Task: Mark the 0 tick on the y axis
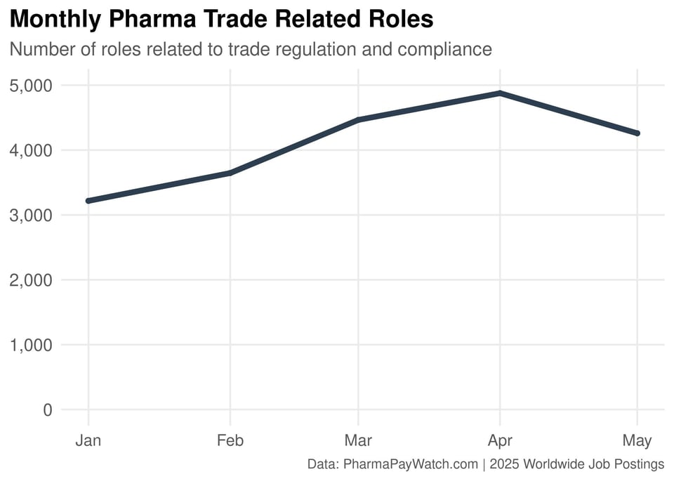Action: click(x=48, y=410)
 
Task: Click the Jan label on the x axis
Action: click(x=88, y=441)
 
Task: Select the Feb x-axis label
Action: click(x=230, y=441)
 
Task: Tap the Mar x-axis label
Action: click(x=358, y=441)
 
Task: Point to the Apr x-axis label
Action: click(x=499, y=441)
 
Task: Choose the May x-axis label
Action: click(x=637, y=441)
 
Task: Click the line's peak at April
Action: click(x=499, y=93)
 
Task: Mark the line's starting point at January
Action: click(x=88, y=201)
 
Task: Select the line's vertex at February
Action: click(x=230, y=173)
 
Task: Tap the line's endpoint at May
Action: click(x=637, y=133)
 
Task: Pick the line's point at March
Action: click(x=358, y=120)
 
